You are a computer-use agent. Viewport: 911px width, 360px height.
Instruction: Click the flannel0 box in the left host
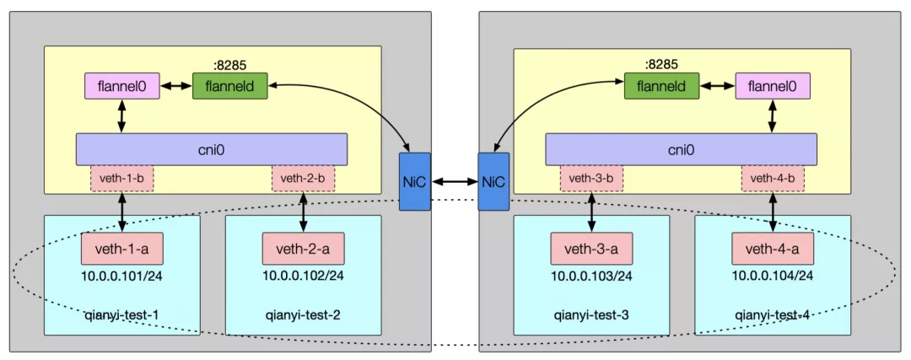pyautogui.click(x=121, y=86)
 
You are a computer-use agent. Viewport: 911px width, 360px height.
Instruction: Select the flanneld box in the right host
pyautogui.click(x=661, y=86)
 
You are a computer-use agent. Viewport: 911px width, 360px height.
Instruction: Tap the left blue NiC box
pyautogui.click(x=415, y=181)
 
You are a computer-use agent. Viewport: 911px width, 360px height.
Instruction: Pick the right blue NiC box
pyautogui.click(x=493, y=181)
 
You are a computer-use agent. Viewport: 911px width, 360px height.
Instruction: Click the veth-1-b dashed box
pyautogui.click(x=122, y=179)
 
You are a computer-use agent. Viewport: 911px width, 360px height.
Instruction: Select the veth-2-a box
pyautogui.click(x=303, y=249)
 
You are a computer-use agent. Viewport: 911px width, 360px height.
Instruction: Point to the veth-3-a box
pyautogui.click(x=591, y=249)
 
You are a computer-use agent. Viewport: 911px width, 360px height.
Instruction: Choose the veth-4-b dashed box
pyautogui.click(x=773, y=179)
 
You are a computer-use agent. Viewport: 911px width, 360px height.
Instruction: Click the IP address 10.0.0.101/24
pyautogui.click(x=121, y=275)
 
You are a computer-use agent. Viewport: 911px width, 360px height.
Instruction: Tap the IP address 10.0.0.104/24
pyautogui.click(x=772, y=275)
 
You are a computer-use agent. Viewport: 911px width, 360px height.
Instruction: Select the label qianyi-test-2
pyautogui.click(x=303, y=315)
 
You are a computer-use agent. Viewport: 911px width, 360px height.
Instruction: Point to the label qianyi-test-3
pyautogui.click(x=591, y=315)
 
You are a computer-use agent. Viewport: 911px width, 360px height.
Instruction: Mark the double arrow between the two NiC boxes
pyautogui.click(x=454, y=181)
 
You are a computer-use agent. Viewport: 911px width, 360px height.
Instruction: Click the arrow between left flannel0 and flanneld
pyautogui.click(x=175, y=86)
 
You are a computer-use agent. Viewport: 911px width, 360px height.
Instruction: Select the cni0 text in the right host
pyautogui.click(x=681, y=149)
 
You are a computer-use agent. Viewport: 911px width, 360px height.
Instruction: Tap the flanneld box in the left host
pyautogui.click(x=229, y=86)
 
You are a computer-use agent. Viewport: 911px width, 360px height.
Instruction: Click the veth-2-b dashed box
pyautogui.click(x=303, y=179)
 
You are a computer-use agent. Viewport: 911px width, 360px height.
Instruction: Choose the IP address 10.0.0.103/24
pyautogui.click(x=591, y=275)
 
